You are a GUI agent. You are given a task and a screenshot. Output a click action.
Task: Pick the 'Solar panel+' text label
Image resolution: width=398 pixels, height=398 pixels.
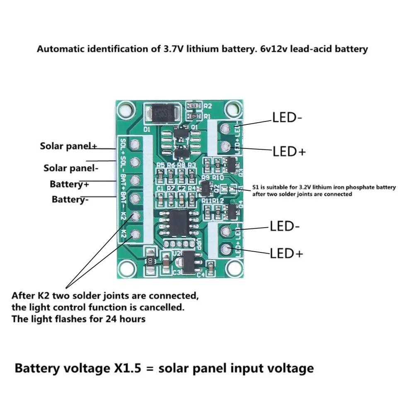tap(68, 146)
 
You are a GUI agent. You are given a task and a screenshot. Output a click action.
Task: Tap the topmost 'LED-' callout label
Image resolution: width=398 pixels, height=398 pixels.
tap(287, 118)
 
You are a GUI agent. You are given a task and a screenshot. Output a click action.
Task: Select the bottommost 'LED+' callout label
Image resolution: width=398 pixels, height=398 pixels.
tap(286, 253)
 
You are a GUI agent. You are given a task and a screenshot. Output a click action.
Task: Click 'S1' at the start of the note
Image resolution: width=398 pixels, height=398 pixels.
tap(256, 187)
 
